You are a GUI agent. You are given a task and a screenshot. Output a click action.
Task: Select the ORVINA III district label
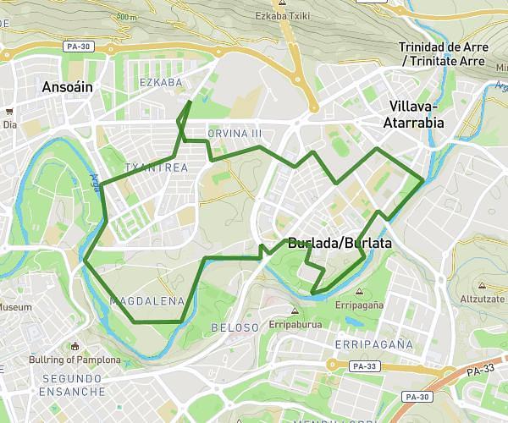tap(235, 134)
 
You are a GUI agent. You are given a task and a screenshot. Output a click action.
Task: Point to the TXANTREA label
tap(156, 168)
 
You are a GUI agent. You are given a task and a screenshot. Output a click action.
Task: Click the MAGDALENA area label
tap(147, 301)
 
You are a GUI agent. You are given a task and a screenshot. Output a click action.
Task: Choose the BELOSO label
tap(235, 327)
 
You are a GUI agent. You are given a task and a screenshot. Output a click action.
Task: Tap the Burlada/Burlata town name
tap(340, 243)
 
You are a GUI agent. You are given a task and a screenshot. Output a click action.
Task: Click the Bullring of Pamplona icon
tap(75, 346)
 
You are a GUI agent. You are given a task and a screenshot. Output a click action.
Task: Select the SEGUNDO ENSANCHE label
tap(74, 384)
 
